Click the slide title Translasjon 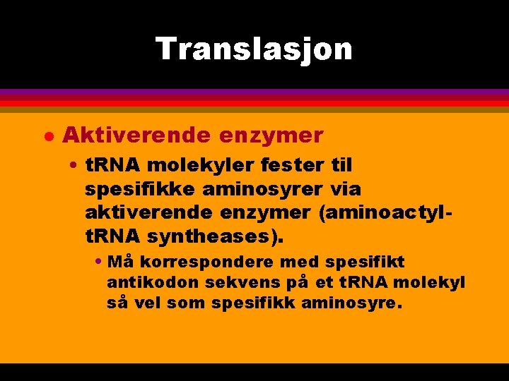(254, 49)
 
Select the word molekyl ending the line (433, 283)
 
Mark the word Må (120, 262)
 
